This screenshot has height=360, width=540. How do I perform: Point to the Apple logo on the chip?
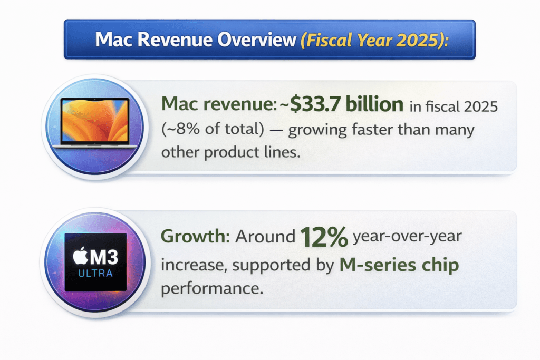[80, 258]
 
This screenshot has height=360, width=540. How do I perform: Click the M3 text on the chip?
[104, 258]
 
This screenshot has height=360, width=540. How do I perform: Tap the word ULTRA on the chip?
[95, 274]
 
